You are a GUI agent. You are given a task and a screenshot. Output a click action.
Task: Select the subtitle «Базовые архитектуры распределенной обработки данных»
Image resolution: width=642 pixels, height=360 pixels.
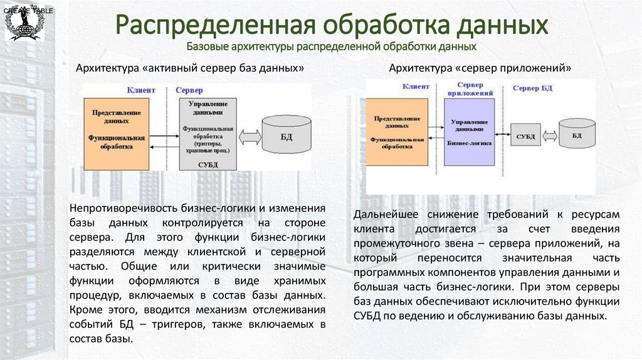tap(332, 46)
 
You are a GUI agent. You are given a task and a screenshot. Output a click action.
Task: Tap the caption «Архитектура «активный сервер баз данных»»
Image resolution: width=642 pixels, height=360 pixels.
tap(190, 68)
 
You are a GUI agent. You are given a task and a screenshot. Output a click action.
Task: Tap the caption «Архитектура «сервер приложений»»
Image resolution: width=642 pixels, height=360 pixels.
tap(480, 68)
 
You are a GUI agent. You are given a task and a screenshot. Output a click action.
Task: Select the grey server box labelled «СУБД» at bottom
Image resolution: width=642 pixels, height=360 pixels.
tap(207, 134)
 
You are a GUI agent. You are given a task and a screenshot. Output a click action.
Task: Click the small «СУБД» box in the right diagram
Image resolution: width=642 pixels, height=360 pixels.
tap(525, 135)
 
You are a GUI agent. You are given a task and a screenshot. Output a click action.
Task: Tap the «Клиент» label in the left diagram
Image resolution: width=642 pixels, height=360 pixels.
tap(141, 90)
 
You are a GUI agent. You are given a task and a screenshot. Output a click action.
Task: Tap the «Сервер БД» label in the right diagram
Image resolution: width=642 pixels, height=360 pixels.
tap(532, 88)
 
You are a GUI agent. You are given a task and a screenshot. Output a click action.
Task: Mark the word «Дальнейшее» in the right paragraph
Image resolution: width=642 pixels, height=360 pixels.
tap(386, 215)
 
